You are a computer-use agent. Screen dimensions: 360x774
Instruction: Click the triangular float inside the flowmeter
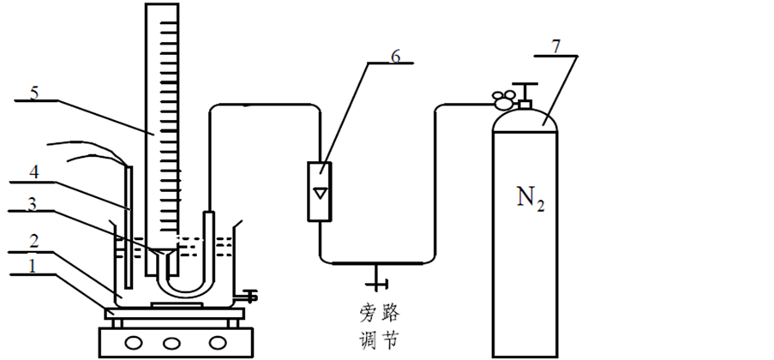pyautogui.click(x=320, y=191)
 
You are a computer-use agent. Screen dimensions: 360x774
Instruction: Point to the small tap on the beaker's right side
pyautogui.click(x=250, y=297)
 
